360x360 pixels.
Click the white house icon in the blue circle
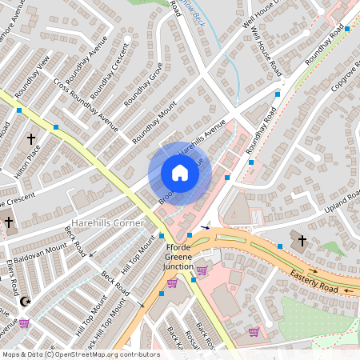click(180, 173)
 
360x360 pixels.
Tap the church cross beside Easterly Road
click(302, 240)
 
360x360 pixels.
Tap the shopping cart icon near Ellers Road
click(24, 323)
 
